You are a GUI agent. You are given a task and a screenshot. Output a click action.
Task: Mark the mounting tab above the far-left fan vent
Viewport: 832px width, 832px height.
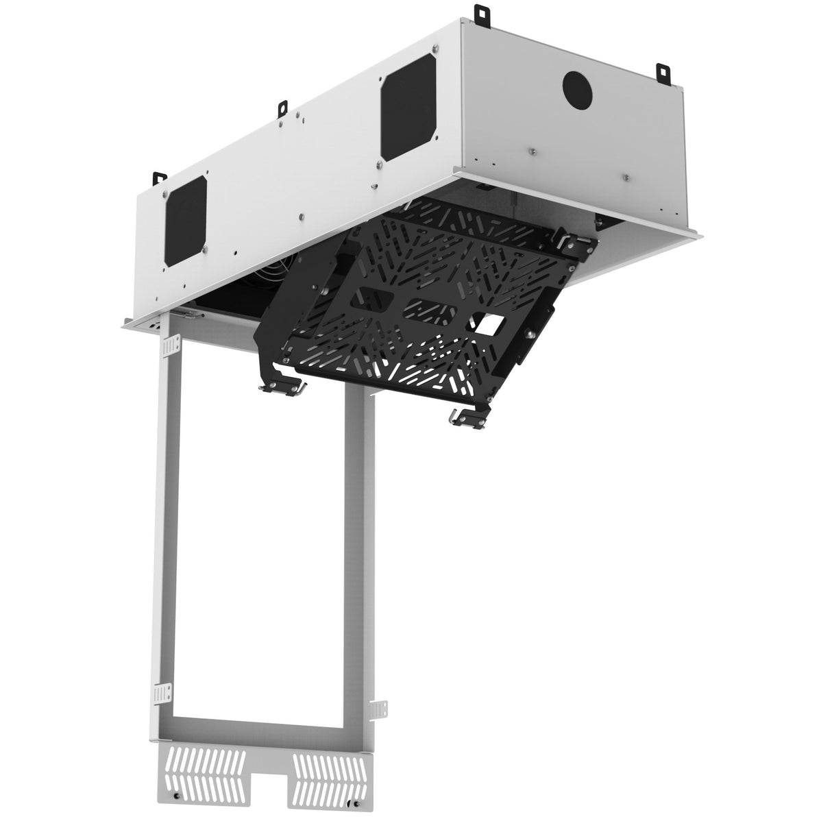click(x=160, y=177)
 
